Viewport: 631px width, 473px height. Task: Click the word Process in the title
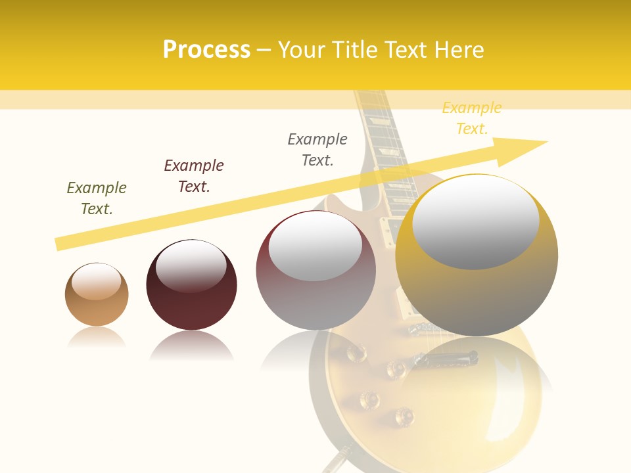[206, 50]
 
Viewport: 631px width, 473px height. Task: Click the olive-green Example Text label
[97, 198]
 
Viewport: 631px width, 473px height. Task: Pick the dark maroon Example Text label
[194, 176]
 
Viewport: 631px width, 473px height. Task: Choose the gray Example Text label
[317, 150]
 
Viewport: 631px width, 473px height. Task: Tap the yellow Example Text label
[471, 118]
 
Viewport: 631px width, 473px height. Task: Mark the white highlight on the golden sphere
[475, 220]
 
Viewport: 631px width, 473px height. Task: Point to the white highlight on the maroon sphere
[191, 265]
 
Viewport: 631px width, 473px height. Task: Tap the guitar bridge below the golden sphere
[447, 358]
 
